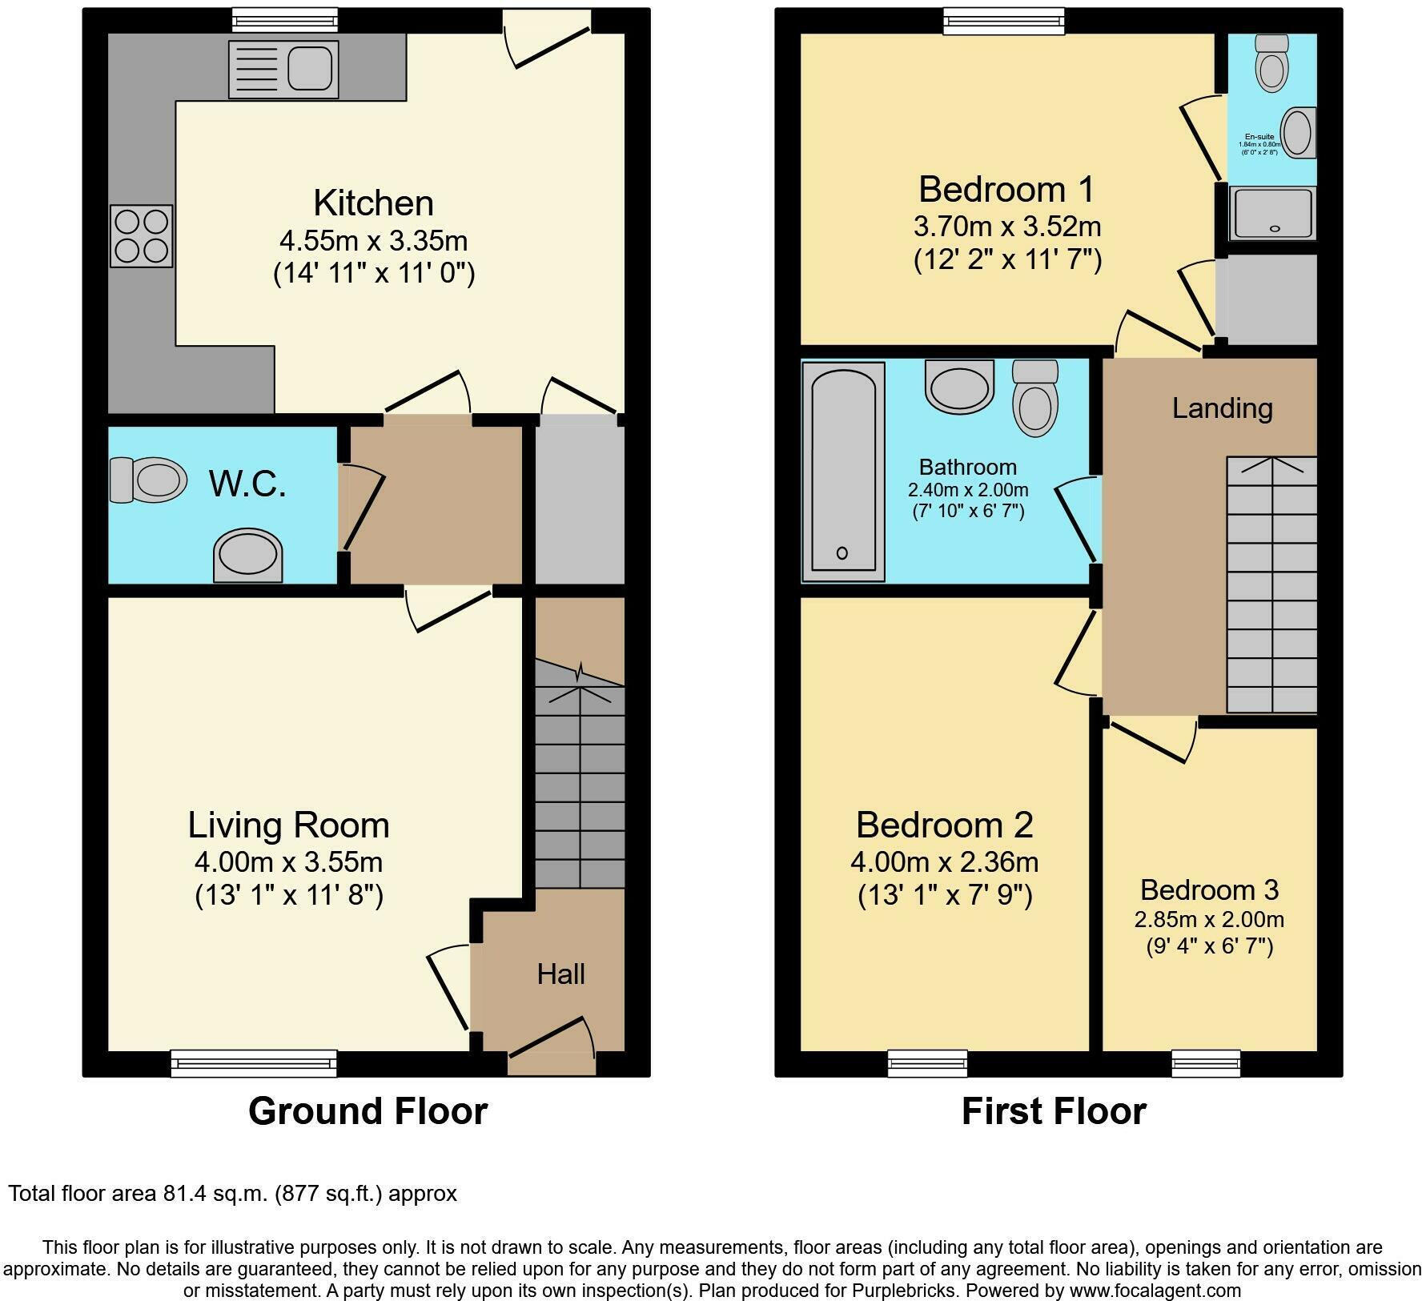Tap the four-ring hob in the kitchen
(x=142, y=236)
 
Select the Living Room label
(x=288, y=825)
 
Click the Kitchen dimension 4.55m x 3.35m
(x=373, y=239)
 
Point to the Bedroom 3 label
(x=1209, y=889)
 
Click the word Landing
(x=1222, y=408)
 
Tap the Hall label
(x=560, y=974)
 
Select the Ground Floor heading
(x=368, y=1111)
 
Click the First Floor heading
(x=1054, y=1111)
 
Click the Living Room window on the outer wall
(x=253, y=1062)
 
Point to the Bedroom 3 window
(x=1206, y=1062)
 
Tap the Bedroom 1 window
(x=1004, y=22)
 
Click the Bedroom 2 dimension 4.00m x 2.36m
(x=945, y=862)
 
